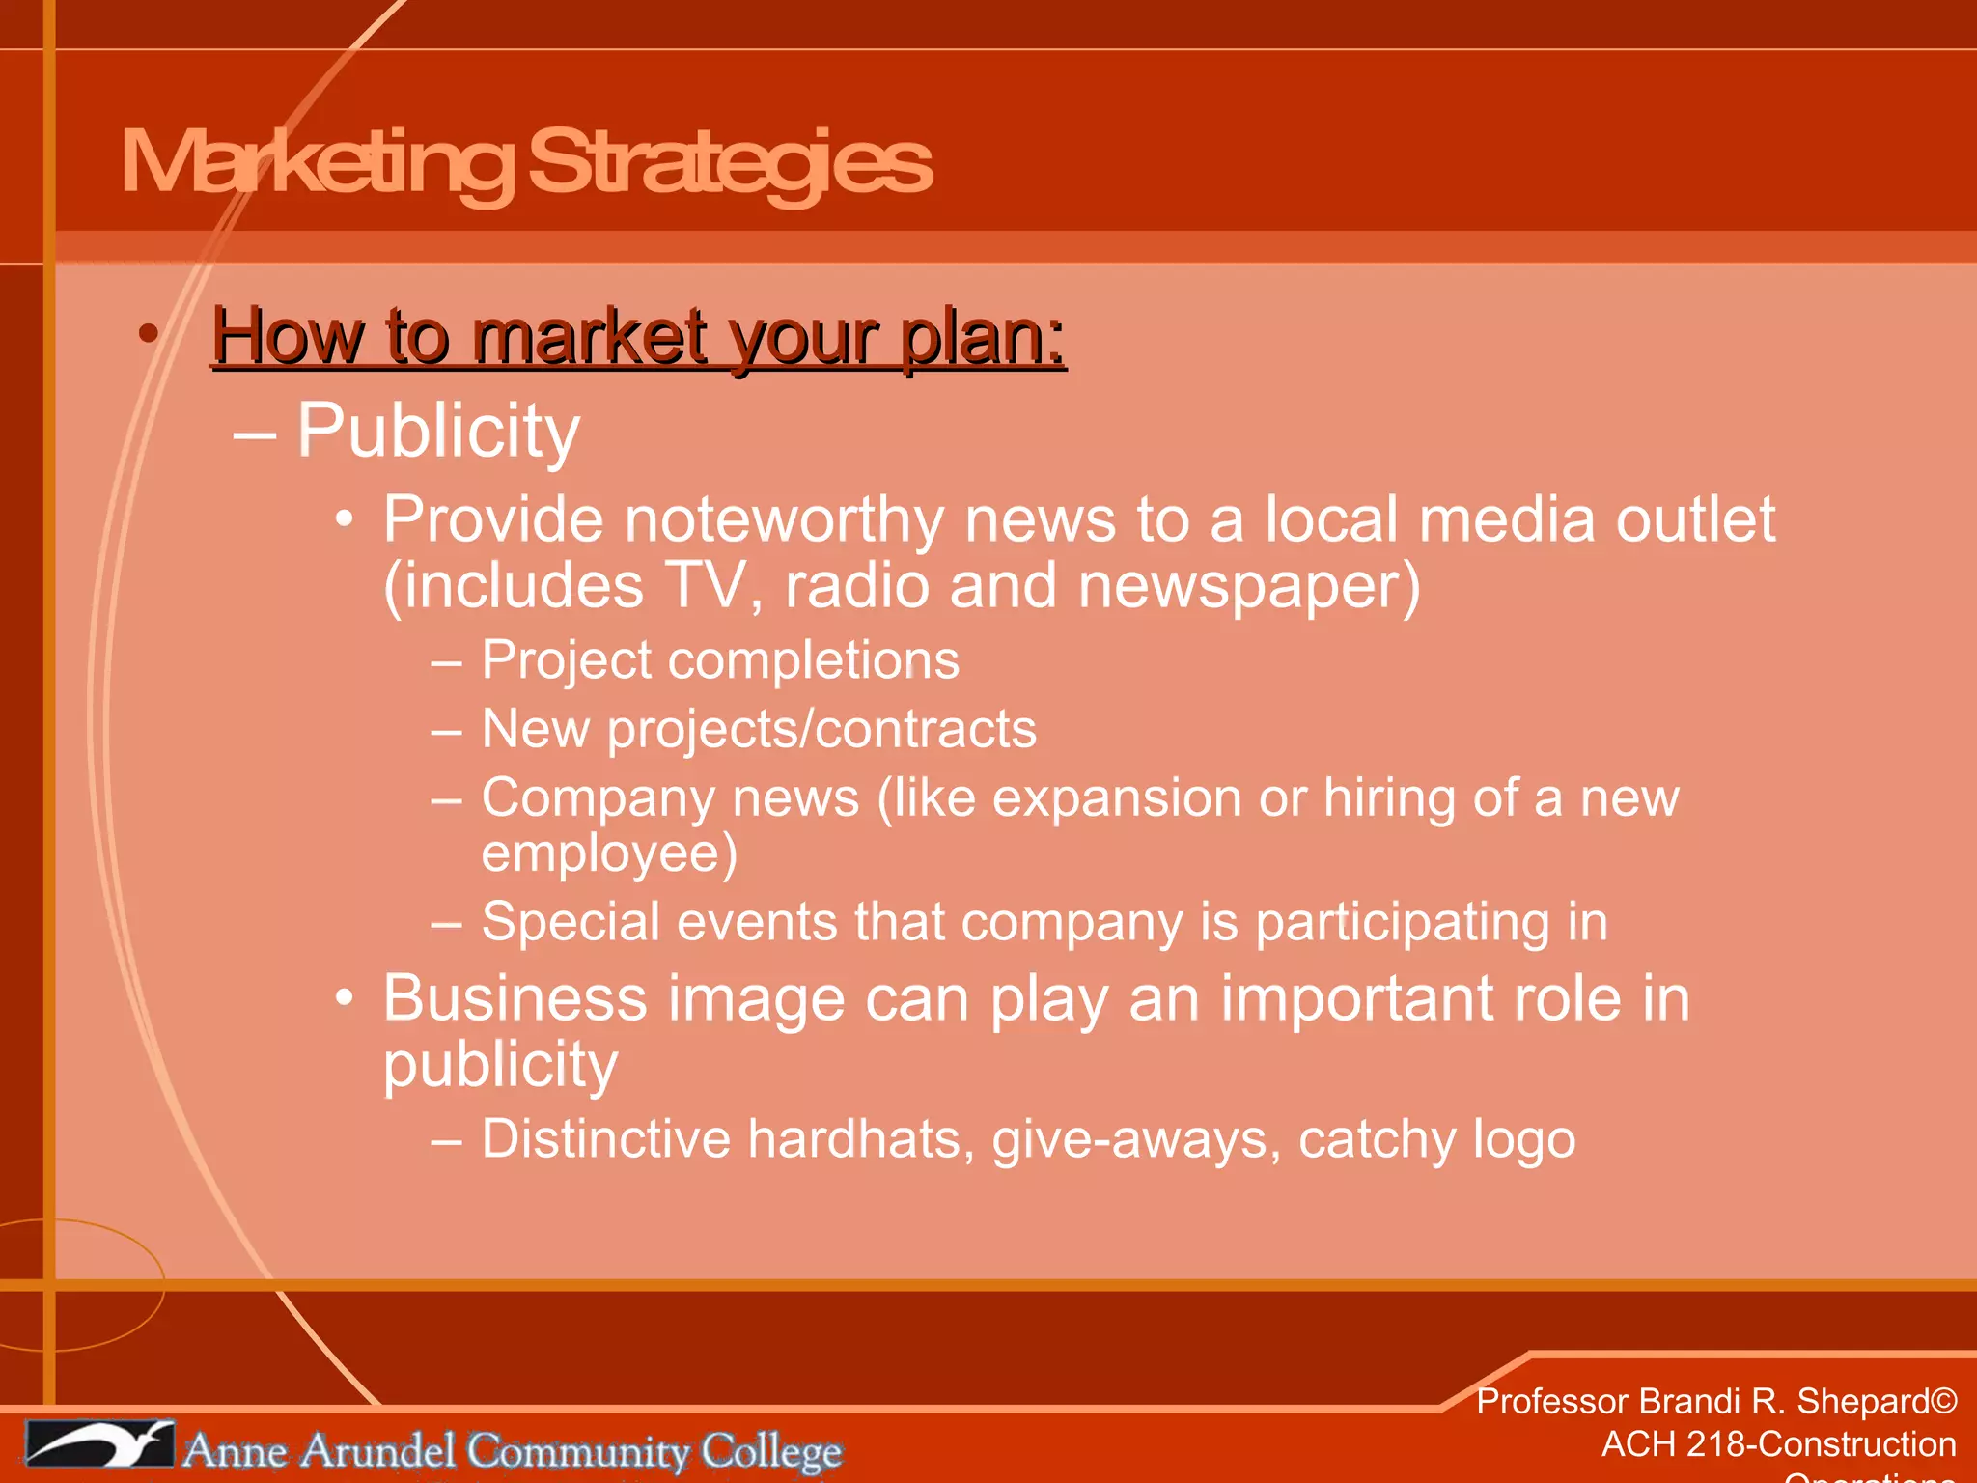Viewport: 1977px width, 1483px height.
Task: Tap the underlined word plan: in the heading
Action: coord(983,338)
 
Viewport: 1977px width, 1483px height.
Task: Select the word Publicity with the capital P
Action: coord(437,432)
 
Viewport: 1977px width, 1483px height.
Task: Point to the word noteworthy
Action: coord(784,520)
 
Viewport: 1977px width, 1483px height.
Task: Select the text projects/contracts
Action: coord(821,730)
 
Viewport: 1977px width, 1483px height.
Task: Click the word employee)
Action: coord(609,854)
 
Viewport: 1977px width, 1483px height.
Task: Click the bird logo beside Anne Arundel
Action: coord(99,1445)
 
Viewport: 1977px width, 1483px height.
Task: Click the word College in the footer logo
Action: coord(771,1451)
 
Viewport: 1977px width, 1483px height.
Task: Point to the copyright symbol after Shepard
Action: coord(1944,1401)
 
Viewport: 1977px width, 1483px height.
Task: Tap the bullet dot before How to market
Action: coord(148,334)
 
